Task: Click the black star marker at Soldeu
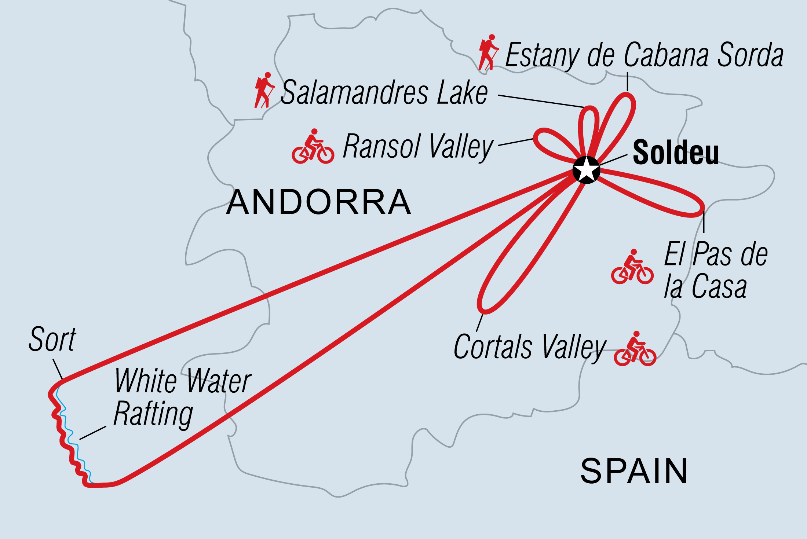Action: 586,170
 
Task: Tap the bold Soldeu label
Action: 676,153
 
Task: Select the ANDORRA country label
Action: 318,202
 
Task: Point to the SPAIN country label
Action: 634,472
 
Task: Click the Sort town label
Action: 52,340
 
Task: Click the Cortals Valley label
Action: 530,347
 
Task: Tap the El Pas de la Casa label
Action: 715,270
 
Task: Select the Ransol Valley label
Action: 418,147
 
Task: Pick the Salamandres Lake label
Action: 384,92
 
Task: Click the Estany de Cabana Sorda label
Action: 644,55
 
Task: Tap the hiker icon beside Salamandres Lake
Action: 264,90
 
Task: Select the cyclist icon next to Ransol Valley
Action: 313,147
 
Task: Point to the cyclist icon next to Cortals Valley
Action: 635,349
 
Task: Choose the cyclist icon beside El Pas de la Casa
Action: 632,267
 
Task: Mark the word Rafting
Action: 153,414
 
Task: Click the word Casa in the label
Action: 719,287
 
